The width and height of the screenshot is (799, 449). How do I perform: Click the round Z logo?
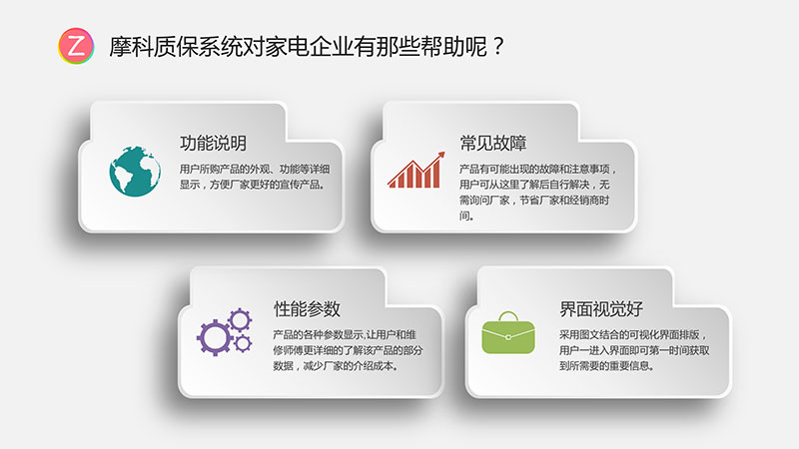76,46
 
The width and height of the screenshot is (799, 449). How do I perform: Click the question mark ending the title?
497,46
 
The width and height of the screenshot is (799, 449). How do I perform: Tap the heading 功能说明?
213,143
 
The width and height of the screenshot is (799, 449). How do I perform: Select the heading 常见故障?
492,143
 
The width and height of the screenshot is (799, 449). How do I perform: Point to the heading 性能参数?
307,308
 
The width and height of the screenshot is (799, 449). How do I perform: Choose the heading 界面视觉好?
601,308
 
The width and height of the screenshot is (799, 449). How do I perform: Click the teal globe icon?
135,172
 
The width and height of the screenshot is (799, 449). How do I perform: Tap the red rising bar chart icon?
415,170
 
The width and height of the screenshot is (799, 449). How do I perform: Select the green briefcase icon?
508,332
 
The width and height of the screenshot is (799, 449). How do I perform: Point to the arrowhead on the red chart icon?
440,156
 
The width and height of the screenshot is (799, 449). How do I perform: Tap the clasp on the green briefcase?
508,337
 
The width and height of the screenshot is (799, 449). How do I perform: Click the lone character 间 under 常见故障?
464,216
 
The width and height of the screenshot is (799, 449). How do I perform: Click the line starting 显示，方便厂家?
253,185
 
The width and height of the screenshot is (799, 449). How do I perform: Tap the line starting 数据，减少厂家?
336,365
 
